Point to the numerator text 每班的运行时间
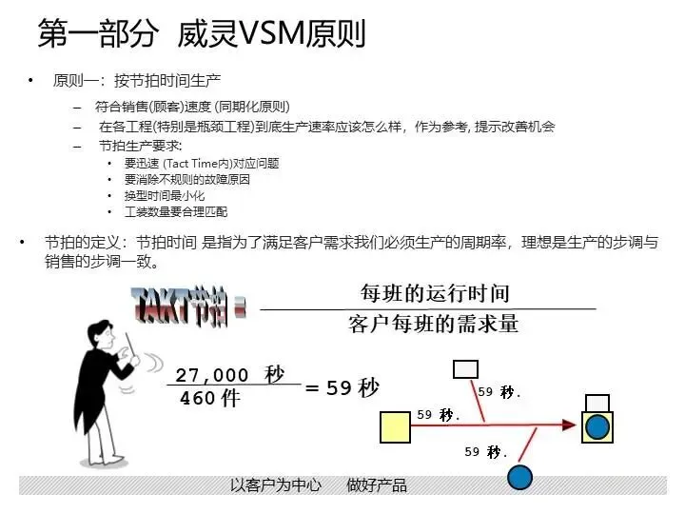coord(434,292)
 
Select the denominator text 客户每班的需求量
coord(434,324)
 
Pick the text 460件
coord(209,399)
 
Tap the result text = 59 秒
coord(342,387)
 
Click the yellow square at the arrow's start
coord(395,426)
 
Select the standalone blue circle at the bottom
coord(519,477)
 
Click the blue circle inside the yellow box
coord(597,426)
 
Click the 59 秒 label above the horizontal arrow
coord(439,415)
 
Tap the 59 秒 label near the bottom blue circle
coord(485,452)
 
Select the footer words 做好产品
coord(377,485)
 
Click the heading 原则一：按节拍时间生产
coord(137,81)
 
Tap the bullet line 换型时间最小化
coord(164,195)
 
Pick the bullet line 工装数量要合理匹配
coord(176,211)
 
